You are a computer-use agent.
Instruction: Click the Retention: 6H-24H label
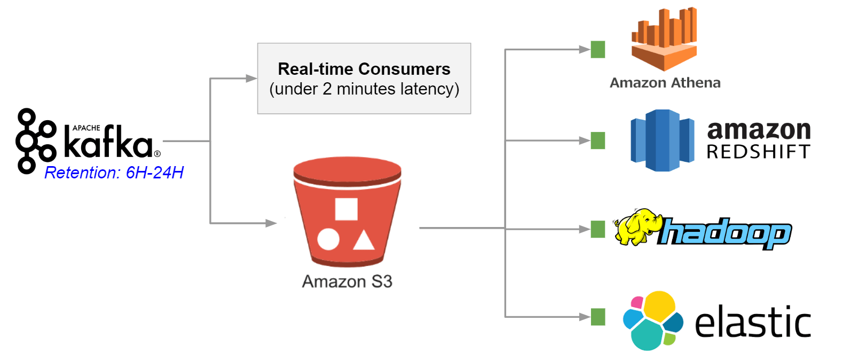pyautogui.click(x=114, y=173)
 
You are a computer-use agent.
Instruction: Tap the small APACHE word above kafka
pyautogui.click(x=86, y=128)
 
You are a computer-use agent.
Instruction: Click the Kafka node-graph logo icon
pyautogui.click(x=35, y=141)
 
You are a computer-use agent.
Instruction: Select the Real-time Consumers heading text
pyautogui.click(x=364, y=69)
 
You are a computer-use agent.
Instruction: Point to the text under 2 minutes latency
pyautogui.click(x=364, y=89)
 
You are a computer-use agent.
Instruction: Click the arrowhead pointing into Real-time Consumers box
pyautogui.click(x=251, y=79)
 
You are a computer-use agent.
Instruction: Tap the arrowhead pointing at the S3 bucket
pyautogui.click(x=271, y=223)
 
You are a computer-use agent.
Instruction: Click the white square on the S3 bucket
pyautogui.click(x=346, y=209)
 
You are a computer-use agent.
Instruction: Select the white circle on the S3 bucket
pyautogui.click(x=328, y=239)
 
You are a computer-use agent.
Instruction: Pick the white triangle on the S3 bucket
pyautogui.click(x=364, y=241)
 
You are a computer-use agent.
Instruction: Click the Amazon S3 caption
pyautogui.click(x=347, y=281)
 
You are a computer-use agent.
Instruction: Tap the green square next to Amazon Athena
pyautogui.click(x=598, y=50)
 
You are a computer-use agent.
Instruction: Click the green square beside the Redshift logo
pyautogui.click(x=598, y=140)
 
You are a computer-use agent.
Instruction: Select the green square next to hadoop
pyautogui.click(x=598, y=229)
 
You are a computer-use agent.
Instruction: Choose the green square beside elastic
pyautogui.click(x=598, y=317)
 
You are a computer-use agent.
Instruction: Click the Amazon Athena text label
pyautogui.click(x=665, y=83)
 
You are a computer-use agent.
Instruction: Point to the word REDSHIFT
pyautogui.click(x=758, y=152)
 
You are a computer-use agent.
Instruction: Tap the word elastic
pyautogui.click(x=752, y=322)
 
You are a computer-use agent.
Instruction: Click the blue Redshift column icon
pyautogui.click(x=662, y=140)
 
